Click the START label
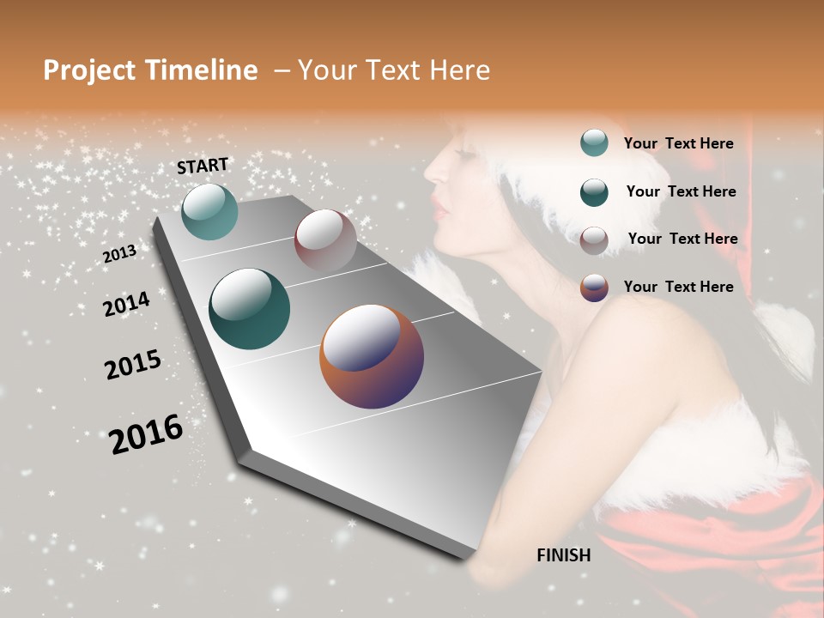(203, 166)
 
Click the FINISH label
(563, 555)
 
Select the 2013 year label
(119, 254)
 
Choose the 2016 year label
(146, 433)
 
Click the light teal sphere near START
(209, 211)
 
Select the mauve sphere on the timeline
(325, 240)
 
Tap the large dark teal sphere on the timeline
(249, 309)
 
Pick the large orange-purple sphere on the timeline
(372, 356)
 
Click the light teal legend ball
(594, 142)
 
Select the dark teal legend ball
(594, 191)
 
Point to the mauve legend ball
(594, 239)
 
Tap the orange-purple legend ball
(594, 288)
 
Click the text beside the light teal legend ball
(678, 143)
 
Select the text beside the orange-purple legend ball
(678, 287)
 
